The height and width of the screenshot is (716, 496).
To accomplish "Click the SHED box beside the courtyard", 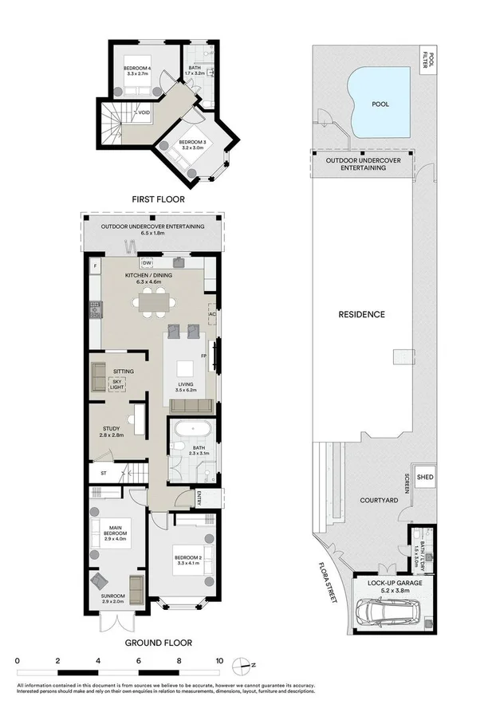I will pyautogui.click(x=425, y=478).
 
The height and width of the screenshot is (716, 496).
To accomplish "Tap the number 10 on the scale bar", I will pyautogui.click(x=218, y=660).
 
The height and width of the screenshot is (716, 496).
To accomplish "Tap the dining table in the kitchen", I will pyautogui.click(x=154, y=301).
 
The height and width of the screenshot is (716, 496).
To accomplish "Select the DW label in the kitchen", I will pyautogui.click(x=147, y=262).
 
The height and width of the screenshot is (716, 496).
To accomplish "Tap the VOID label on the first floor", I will pyautogui.click(x=144, y=112).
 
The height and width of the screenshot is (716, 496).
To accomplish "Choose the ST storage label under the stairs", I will pyautogui.click(x=103, y=474).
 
